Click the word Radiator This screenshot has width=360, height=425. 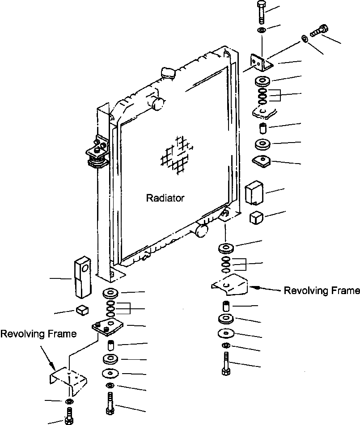point(165,198)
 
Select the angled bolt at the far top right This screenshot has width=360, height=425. point(318,31)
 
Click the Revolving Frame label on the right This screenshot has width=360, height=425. point(322,291)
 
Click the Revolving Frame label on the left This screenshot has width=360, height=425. point(38,334)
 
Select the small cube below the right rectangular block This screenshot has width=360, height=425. point(256,218)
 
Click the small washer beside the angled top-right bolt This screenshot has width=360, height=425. point(304,39)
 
